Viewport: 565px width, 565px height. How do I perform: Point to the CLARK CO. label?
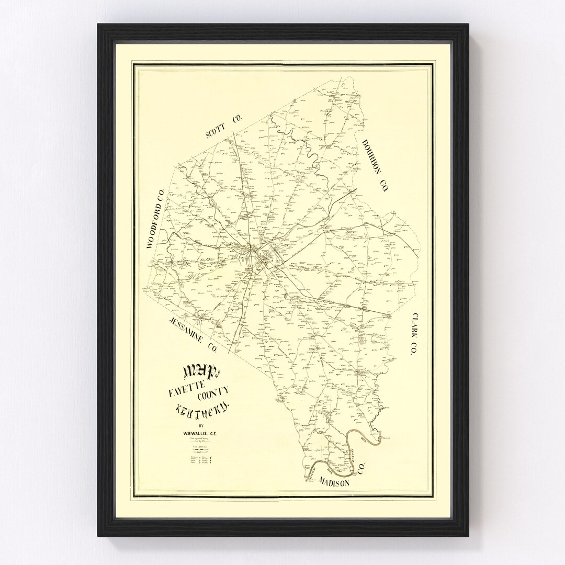[x=412, y=334]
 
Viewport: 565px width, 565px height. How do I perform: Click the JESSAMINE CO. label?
[x=191, y=334]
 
